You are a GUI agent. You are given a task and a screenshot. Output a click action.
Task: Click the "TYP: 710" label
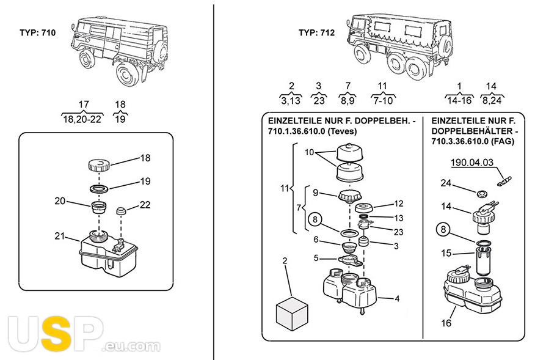tap(38, 33)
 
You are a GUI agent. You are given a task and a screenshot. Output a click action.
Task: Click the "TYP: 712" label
tap(316, 33)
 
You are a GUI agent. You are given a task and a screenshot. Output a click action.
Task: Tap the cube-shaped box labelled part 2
tap(291, 312)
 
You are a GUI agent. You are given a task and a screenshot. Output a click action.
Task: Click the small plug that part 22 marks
tap(122, 211)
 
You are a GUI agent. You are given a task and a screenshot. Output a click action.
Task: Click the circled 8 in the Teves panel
tap(315, 219)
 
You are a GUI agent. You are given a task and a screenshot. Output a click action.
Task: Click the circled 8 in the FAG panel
tap(442, 230)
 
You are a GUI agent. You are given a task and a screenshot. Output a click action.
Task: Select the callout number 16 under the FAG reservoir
tap(446, 323)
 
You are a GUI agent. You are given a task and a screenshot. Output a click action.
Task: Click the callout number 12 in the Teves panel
tap(399, 203)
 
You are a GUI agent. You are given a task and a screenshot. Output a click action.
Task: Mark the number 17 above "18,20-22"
tap(84, 105)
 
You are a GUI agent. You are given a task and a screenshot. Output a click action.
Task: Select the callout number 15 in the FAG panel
tap(446, 253)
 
